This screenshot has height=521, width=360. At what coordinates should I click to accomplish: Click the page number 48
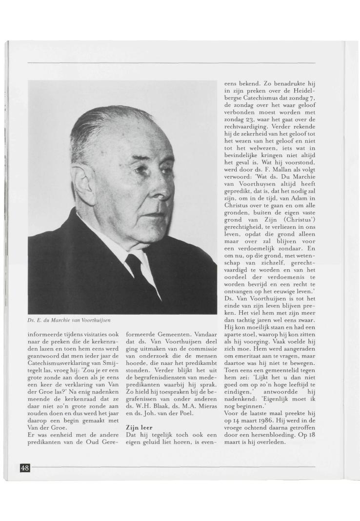24,468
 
